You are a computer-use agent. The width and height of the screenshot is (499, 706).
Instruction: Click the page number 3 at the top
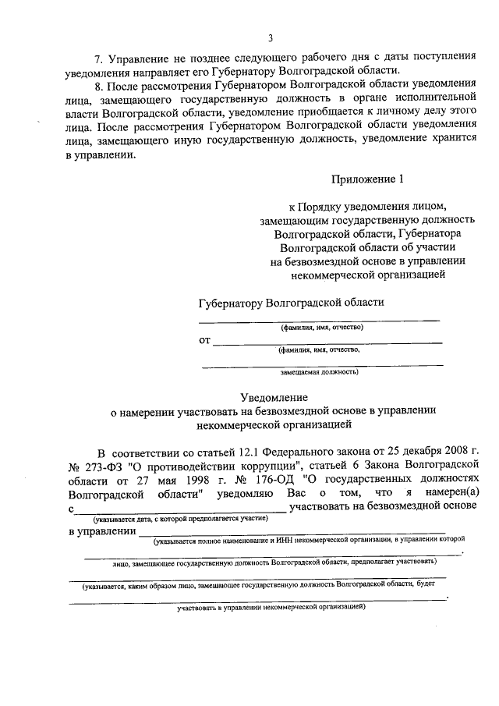pyautogui.click(x=271, y=38)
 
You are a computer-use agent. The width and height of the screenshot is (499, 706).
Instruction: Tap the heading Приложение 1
pyautogui.click(x=369, y=180)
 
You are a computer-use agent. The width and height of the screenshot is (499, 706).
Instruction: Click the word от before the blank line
pyautogui.click(x=205, y=340)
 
